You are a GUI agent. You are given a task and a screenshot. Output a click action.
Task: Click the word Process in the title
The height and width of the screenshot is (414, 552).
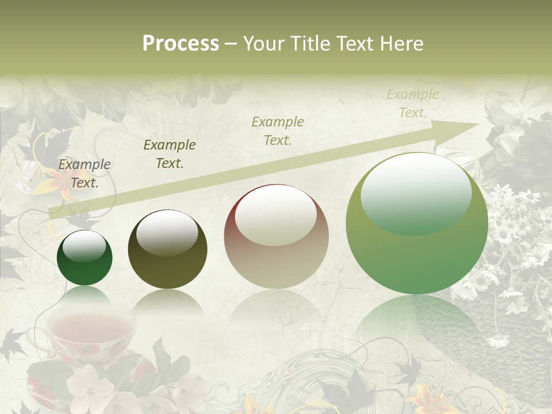[x=181, y=44]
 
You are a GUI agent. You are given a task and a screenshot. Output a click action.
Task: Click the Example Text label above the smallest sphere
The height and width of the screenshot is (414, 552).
[x=85, y=174]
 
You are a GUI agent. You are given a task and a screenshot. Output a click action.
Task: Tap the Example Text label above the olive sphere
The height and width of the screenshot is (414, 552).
[x=170, y=154]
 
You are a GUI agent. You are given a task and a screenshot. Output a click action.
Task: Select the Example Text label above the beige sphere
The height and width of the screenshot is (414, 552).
[x=278, y=131]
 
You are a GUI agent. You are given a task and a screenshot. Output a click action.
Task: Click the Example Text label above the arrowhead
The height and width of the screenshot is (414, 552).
[x=412, y=103]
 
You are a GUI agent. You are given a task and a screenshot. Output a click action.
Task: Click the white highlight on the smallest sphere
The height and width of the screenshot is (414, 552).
[x=84, y=246]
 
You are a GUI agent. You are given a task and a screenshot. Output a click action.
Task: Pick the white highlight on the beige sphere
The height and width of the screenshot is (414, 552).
[x=276, y=214]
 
